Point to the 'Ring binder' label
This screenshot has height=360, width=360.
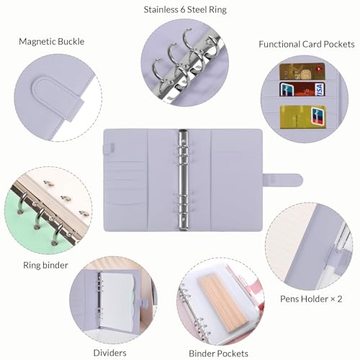[x=44, y=265]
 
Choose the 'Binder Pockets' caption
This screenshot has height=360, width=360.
[x=218, y=353]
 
